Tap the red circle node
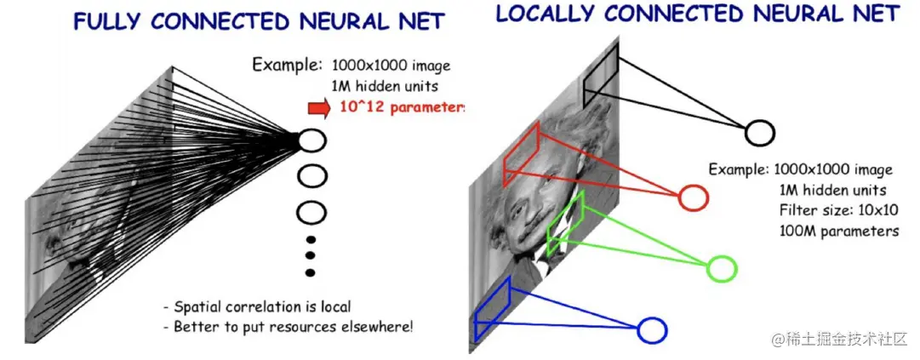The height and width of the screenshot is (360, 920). point(694,198)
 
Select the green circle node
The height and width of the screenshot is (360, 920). point(722,268)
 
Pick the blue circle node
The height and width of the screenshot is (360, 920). point(652,330)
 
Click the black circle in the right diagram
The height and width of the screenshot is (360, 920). point(759,133)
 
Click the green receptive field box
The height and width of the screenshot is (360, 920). point(567,223)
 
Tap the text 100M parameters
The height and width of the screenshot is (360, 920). point(838,231)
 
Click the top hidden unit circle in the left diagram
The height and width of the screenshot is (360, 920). point(312,140)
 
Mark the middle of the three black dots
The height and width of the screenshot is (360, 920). point(311,255)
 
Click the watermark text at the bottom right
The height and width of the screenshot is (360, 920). point(842,340)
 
